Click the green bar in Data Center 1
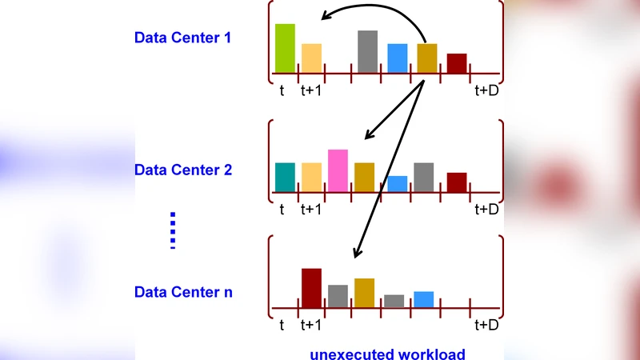[x=285, y=49]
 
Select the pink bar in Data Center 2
[x=338, y=170]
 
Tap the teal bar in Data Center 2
[x=285, y=177]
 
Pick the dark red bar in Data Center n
[x=311, y=288]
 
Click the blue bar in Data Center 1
[x=398, y=58]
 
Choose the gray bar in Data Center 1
[x=367, y=52]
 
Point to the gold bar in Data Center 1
[x=427, y=58]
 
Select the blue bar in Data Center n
[x=424, y=299]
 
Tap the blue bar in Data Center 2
[x=398, y=184]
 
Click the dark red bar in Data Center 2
[x=457, y=182]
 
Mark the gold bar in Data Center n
[x=364, y=293]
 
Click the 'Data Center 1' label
[x=183, y=37]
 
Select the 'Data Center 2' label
[x=183, y=170]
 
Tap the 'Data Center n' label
[x=183, y=292]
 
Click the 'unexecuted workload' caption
[x=387, y=353]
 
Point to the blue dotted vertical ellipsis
[x=172, y=230]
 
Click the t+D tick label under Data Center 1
[x=486, y=90]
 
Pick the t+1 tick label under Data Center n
[x=311, y=325]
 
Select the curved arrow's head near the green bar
[x=322, y=17]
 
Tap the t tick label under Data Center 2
[x=282, y=210]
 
